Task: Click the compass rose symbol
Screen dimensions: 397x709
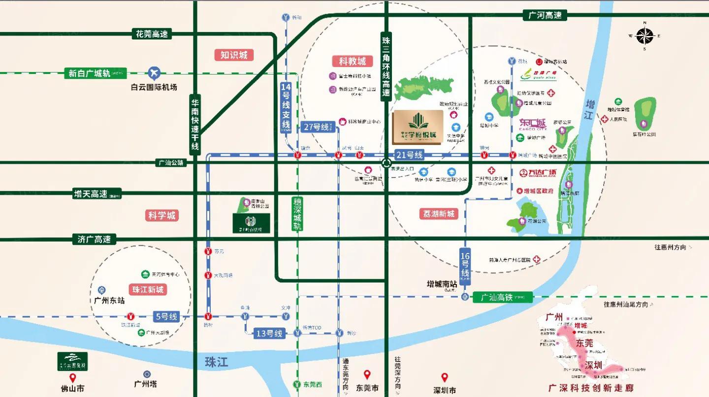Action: point(644,36)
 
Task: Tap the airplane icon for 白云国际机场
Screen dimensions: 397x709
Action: point(155,73)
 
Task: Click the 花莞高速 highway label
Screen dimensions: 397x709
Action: point(152,34)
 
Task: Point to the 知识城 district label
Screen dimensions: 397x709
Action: point(234,55)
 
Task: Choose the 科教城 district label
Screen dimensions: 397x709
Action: point(352,61)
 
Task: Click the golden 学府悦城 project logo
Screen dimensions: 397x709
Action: point(418,127)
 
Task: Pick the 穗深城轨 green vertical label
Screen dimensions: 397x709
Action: point(297,214)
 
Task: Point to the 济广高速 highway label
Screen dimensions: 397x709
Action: point(94,239)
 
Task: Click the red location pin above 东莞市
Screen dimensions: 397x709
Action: point(367,375)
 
